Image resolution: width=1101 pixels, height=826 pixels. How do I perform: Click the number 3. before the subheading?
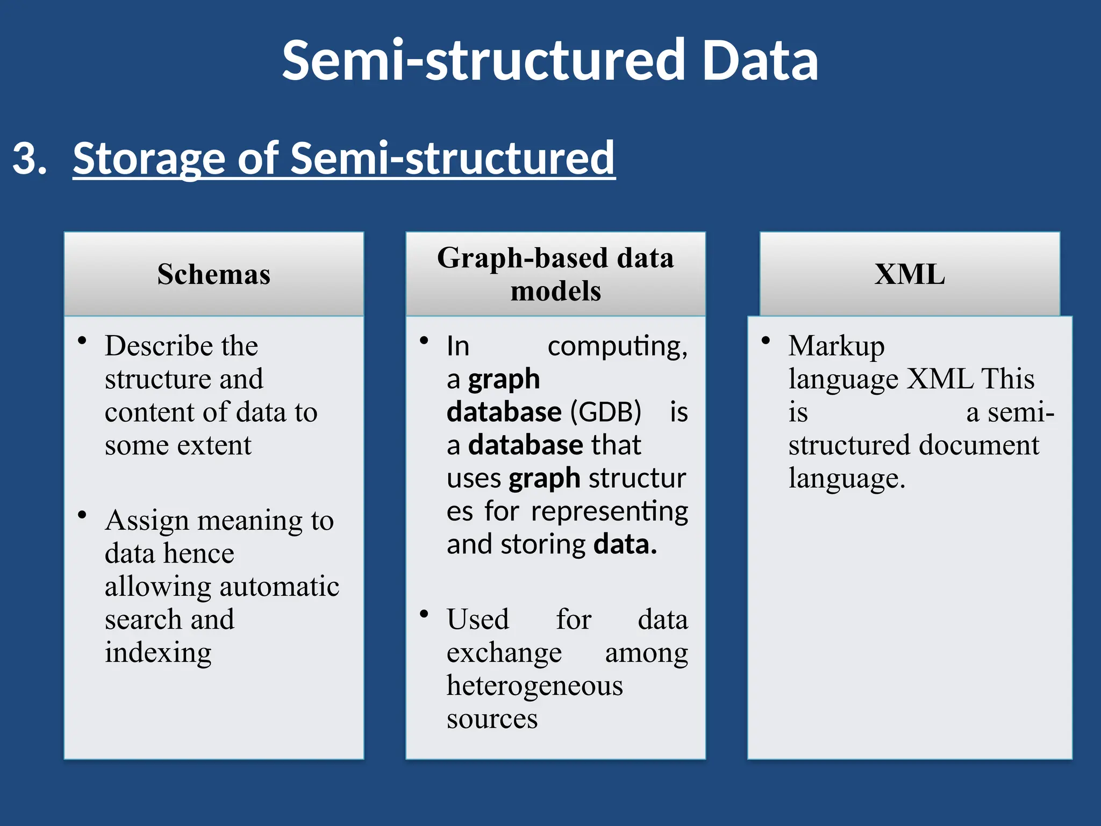point(30,159)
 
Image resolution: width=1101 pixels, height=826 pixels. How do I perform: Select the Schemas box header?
point(213,274)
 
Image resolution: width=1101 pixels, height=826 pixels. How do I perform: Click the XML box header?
point(909,274)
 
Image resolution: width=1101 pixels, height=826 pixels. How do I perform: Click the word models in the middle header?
point(555,291)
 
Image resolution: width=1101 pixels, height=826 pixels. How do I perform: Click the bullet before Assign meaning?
point(82,515)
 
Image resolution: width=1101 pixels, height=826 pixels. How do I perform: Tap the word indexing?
point(158,653)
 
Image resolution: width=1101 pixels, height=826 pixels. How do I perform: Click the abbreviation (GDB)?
point(605,412)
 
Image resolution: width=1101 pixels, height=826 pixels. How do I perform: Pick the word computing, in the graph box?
point(617,346)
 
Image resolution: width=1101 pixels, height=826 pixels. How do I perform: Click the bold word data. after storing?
point(625,545)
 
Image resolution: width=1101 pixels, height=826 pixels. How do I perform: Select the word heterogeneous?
point(534,686)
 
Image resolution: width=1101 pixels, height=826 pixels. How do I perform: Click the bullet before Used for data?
point(424,614)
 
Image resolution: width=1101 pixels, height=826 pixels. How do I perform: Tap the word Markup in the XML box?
point(836,346)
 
